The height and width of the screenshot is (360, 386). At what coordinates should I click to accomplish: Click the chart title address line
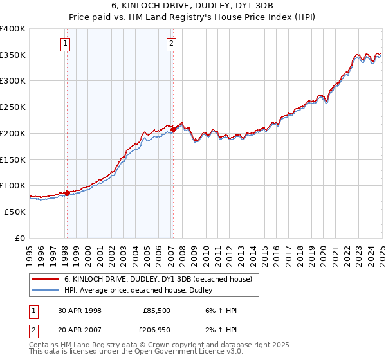[193, 6]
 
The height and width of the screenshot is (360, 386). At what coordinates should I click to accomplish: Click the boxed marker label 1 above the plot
[66, 44]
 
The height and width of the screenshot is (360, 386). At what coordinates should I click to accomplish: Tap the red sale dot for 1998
[67, 193]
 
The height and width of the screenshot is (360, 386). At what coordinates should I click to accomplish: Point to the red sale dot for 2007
[173, 129]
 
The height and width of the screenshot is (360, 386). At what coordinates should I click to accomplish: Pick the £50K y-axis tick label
[15, 211]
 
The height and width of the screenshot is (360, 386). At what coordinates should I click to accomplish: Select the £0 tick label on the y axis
[21, 237]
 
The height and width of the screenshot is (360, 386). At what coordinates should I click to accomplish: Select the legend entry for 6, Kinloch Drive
[161, 279]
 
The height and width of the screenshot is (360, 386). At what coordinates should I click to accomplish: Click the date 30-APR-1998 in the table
[80, 309]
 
